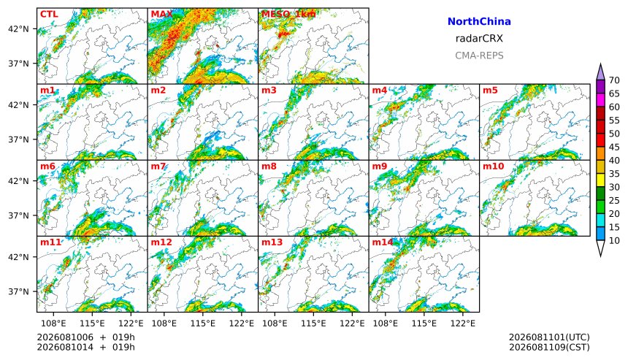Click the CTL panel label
pos(49,14)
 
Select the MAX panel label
pos(162,14)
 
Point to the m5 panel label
pos(490,90)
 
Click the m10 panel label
pos(493,166)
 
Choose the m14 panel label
pos(383,242)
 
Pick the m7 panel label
pos(158,166)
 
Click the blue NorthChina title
pos(479,22)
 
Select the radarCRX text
pos(479,39)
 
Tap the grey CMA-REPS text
pos(479,55)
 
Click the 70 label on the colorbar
pos(614,80)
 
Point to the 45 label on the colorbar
pos(614,147)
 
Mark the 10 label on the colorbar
pos(614,241)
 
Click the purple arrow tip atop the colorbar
pos(600,64)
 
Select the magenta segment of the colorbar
pos(600,100)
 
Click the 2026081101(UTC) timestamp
pos(549,337)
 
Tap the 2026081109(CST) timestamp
pos(549,347)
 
